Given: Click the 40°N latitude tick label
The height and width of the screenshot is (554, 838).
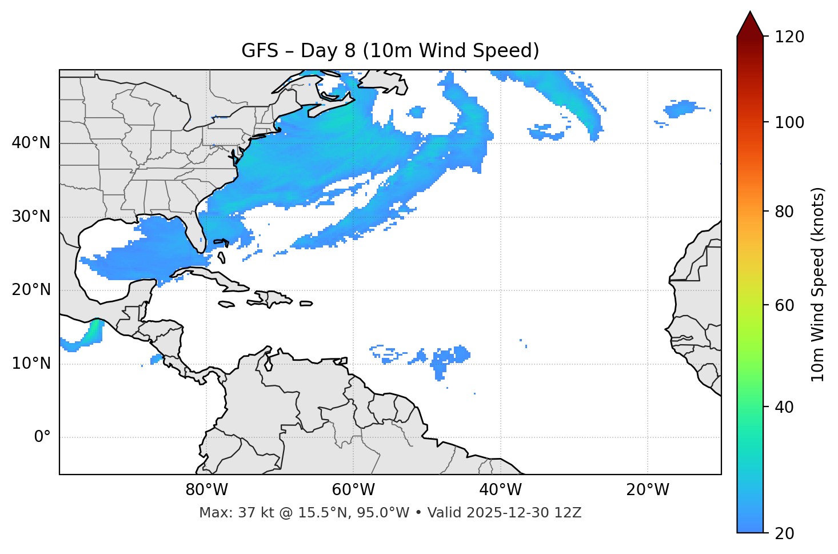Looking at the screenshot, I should coord(31,143).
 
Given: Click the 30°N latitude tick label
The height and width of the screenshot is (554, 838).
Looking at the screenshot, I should coord(31,217).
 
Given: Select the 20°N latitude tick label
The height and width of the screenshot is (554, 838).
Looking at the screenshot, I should coord(31,290).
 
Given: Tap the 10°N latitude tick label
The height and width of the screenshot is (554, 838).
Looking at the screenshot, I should coord(31,364).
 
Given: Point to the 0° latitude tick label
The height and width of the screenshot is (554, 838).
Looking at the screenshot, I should coord(42,437).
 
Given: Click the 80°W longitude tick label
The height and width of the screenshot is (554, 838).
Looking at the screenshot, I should coord(206,490).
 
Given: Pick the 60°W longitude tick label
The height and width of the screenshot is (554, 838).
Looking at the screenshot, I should coord(353,490).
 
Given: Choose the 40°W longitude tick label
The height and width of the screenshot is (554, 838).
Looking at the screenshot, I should coord(500,490).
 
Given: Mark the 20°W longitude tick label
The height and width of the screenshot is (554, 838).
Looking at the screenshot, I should coord(647,490).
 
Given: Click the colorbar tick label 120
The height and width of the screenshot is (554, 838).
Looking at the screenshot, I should coord(789,37).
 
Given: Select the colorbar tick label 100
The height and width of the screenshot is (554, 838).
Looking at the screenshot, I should coord(789,122).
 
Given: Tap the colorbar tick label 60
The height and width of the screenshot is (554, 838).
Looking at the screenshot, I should coord(784,305).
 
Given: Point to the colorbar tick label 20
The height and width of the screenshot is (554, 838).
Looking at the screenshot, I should coord(784,533).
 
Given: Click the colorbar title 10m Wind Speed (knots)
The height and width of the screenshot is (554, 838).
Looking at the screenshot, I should coord(818,285).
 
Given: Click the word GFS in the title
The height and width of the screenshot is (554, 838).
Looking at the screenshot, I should coord(260,51).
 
